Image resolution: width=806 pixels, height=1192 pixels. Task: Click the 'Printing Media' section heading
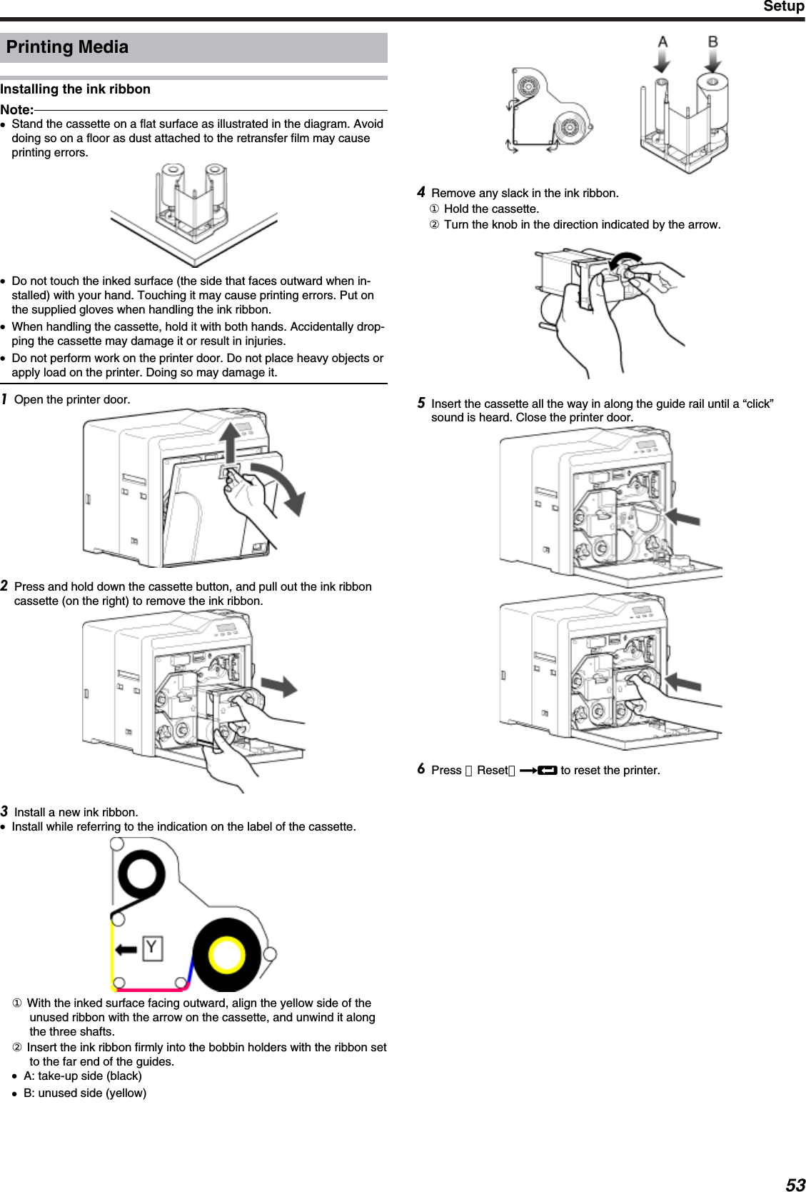click(67, 47)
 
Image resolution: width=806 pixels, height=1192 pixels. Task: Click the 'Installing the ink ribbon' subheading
click(75, 89)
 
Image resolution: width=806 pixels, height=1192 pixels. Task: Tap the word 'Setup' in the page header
click(783, 6)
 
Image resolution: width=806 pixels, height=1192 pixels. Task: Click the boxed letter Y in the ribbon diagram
click(152, 948)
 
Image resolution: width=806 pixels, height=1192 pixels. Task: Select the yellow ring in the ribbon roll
click(226, 954)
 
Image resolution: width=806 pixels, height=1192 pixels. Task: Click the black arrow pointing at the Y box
click(126, 949)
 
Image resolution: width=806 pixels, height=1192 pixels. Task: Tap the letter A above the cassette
click(663, 42)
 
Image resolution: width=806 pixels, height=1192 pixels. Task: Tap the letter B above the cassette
click(712, 42)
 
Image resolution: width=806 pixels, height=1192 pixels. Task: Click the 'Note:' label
click(16, 110)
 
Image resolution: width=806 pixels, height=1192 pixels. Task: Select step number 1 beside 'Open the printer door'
click(4, 399)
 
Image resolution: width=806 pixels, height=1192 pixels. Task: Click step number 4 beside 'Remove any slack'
click(421, 192)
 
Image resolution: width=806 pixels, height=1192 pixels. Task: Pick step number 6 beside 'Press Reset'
click(421, 769)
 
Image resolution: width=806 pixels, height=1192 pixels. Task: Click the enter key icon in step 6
click(547, 771)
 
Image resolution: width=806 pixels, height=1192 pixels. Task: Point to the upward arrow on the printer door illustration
click(230, 442)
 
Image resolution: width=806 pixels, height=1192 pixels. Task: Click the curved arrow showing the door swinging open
click(283, 485)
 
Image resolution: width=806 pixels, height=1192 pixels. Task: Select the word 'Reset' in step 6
click(492, 771)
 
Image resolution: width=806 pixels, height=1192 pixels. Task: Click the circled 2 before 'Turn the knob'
click(434, 225)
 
